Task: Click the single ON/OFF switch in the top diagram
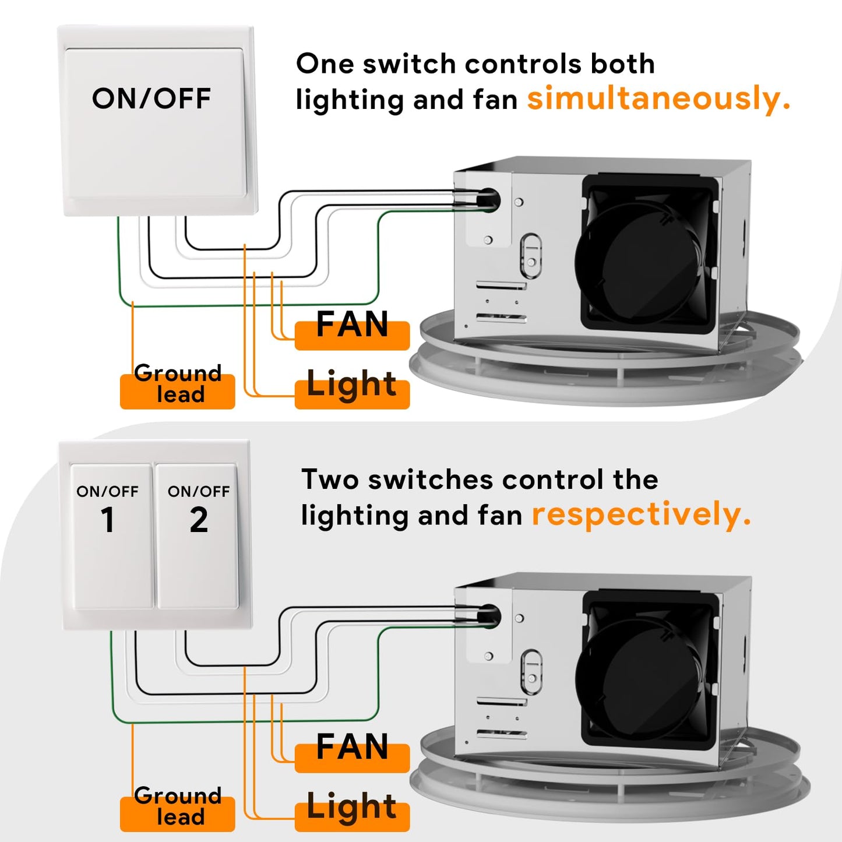pyautogui.click(x=154, y=122)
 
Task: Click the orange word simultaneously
pyautogui.click(x=658, y=99)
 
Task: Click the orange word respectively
pyautogui.click(x=641, y=515)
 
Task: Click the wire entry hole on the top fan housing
pyautogui.click(x=488, y=200)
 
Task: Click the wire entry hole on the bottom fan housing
pyautogui.click(x=488, y=616)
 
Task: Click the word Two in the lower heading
pyautogui.click(x=330, y=480)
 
